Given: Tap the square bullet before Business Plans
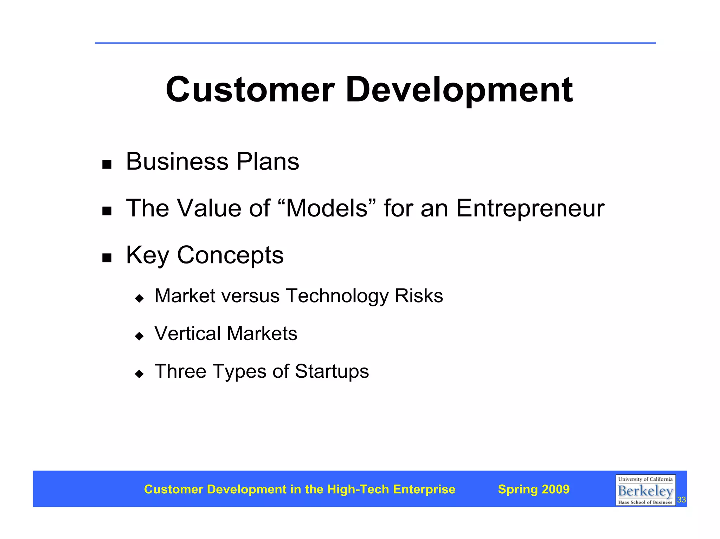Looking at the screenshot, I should (107, 164).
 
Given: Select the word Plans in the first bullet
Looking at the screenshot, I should (268, 162).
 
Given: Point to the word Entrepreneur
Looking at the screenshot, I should (530, 209).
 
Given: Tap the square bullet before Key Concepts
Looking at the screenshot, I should (107, 258).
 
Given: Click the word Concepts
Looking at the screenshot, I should (230, 255).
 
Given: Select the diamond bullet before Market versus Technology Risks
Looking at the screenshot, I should (140, 299).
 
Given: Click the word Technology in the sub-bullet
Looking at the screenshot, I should (337, 296).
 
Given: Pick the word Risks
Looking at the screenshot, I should (419, 296).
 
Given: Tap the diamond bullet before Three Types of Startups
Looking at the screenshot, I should (140, 374).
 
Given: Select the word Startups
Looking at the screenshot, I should (332, 371).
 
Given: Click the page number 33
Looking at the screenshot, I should (681, 500).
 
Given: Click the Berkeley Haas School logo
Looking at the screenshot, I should (645, 490).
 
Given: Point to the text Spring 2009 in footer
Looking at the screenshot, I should (534, 489).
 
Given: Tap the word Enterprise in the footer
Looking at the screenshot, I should (424, 489).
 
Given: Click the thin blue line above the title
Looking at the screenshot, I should (375, 43).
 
